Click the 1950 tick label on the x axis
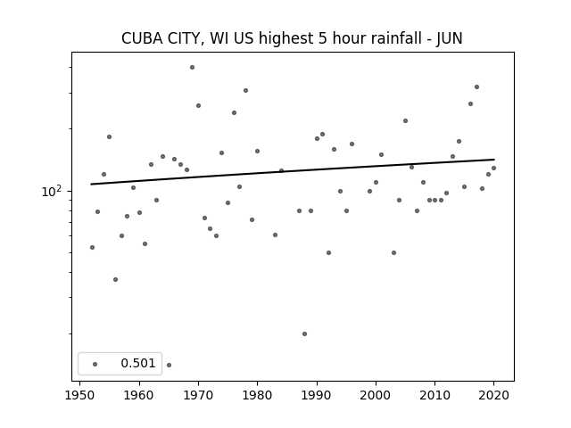(x=79, y=395)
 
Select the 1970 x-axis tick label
(x=198, y=395)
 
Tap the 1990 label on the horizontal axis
(x=317, y=395)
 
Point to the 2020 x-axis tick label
(x=493, y=395)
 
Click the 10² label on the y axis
(x=52, y=191)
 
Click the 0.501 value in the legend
(x=138, y=363)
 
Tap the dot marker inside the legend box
(x=95, y=364)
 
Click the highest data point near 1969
(x=193, y=68)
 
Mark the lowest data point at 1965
(x=169, y=365)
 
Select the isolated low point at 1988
(x=305, y=333)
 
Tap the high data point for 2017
(x=476, y=87)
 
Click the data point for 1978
(x=246, y=91)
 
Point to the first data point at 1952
(x=92, y=248)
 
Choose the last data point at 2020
(x=493, y=169)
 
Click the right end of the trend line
(x=494, y=160)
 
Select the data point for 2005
(x=405, y=121)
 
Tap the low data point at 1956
(x=115, y=279)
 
